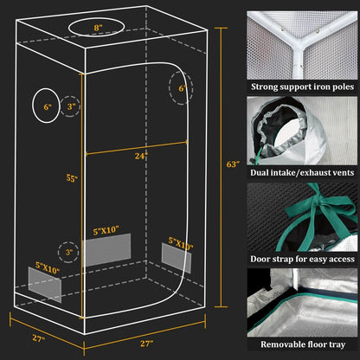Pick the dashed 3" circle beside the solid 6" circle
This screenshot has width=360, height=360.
point(72,106)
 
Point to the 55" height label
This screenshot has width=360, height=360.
point(72,179)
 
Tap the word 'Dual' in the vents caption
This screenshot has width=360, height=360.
point(264,173)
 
